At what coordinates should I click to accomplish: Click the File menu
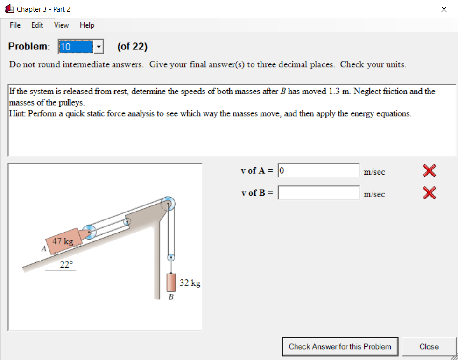(x=15, y=25)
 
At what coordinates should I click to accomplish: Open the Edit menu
(x=37, y=25)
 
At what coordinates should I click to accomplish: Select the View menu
(x=61, y=25)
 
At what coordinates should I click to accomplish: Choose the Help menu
(x=87, y=25)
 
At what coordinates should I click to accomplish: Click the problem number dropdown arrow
(x=99, y=47)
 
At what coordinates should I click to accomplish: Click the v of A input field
(x=318, y=171)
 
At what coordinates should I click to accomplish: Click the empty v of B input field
(x=318, y=193)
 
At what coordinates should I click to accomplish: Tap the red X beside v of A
(x=429, y=171)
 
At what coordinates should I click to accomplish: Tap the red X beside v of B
(x=429, y=192)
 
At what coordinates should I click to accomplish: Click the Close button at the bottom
(x=429, y=346)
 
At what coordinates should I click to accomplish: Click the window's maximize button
(x=416, y=9)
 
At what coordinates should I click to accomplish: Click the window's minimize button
(x=389, y=9)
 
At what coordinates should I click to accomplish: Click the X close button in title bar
(x=444, y=9)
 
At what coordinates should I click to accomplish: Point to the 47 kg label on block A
(x=63, y=241)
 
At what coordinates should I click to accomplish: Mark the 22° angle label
(x=66, y=265)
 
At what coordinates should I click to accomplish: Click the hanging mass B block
(x=171, y=283)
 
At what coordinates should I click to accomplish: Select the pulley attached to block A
(x=90, y=231)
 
